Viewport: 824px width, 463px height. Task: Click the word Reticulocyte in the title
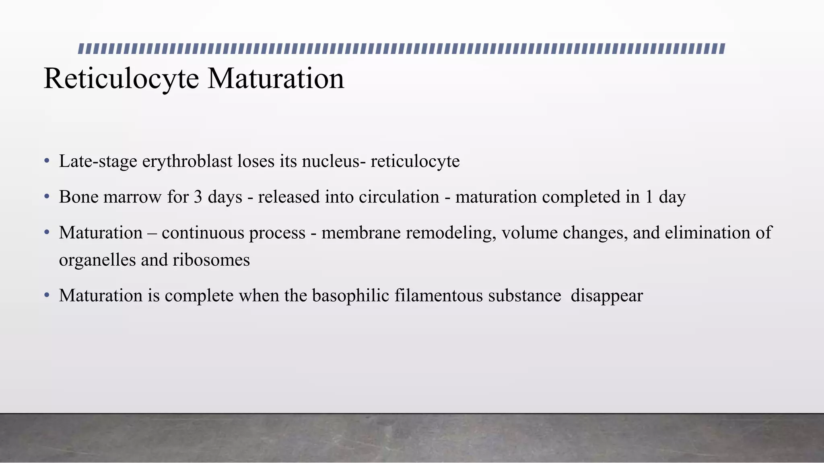(121, 79)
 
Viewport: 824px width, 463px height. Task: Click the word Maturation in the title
(276, 79)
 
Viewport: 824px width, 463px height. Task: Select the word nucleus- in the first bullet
(334, 162)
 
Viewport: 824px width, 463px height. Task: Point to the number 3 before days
(198, 197)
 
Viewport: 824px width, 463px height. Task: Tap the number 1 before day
(649, 197)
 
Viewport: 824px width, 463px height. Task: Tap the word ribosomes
(211, 260)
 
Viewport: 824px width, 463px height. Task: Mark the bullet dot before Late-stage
(47, 162)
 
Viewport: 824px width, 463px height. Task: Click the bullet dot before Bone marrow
(47, 197)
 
